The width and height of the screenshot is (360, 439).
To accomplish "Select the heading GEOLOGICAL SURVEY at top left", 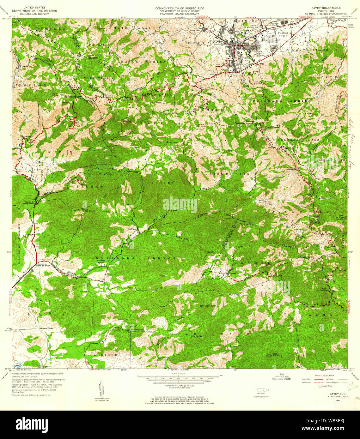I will (34, 14).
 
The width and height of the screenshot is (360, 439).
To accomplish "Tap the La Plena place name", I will (132, 229).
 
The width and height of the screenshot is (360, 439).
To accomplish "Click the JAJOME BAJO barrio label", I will (227, 174).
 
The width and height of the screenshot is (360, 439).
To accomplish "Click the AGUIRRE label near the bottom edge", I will (106, 355).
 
